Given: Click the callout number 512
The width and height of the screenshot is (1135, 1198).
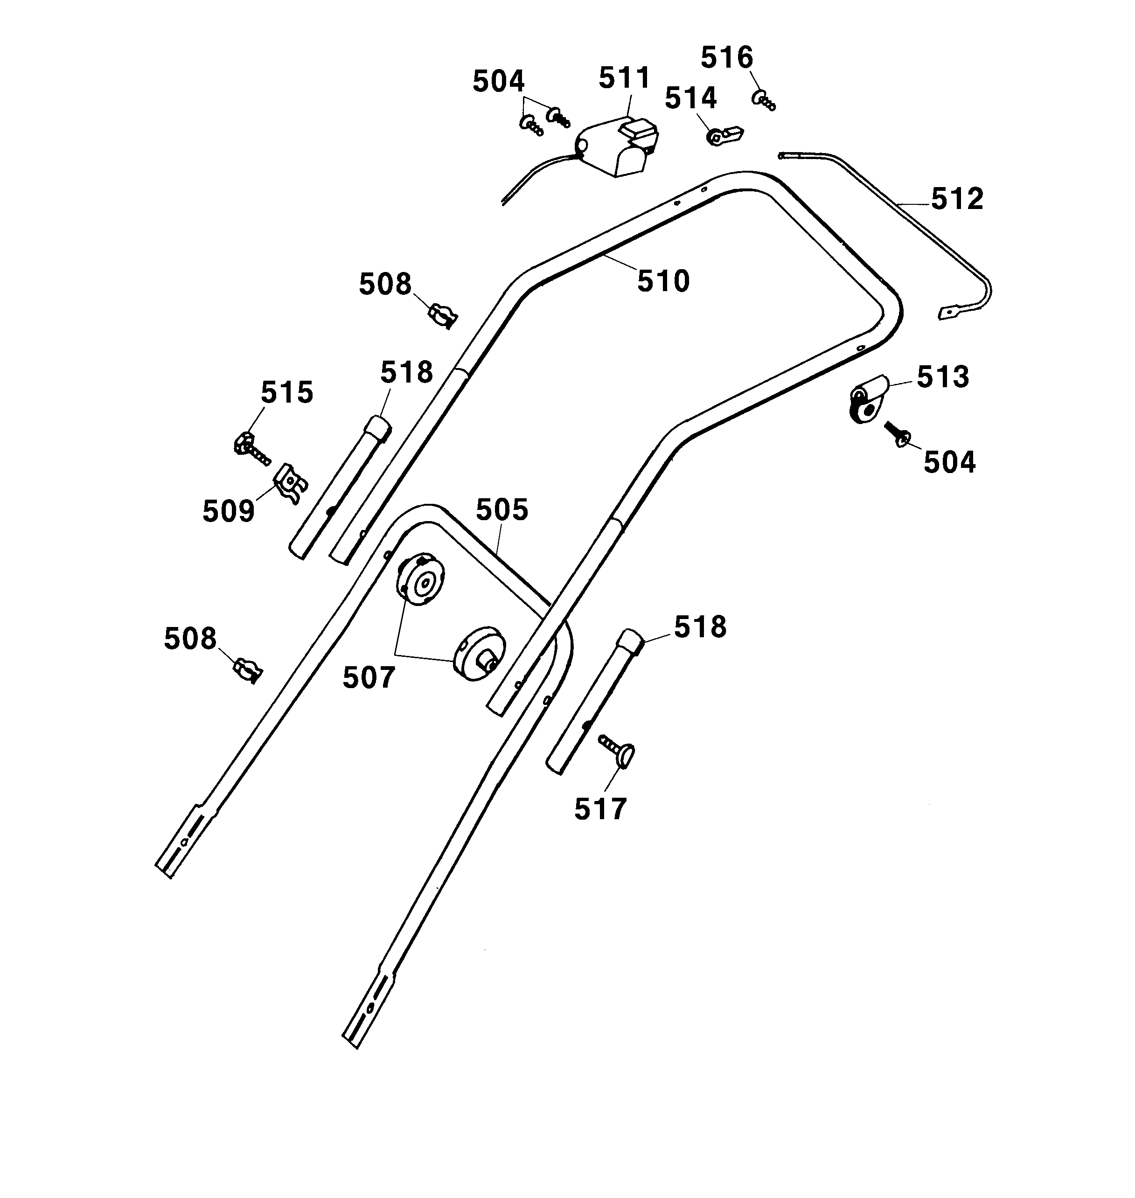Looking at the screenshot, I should [957, 200].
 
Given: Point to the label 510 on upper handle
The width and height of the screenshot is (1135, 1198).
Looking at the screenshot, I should [663, 282].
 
